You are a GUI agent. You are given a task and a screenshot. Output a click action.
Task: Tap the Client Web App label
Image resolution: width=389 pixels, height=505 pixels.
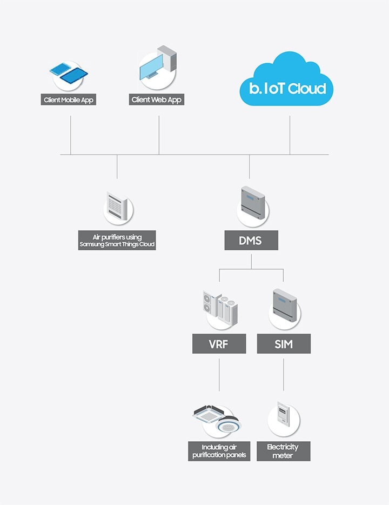coord(157,100)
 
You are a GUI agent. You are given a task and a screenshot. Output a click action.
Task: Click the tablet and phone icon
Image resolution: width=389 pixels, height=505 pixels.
coord(69,74)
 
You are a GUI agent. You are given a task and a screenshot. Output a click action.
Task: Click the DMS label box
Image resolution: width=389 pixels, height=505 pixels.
coord(251,240)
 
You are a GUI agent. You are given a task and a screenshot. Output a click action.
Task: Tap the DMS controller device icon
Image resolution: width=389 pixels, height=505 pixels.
coord(252,205)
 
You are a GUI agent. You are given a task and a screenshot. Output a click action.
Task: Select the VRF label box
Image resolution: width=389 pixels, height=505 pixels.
coord(219,343)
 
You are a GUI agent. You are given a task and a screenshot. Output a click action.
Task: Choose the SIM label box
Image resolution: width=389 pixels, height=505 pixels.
coord(284,343)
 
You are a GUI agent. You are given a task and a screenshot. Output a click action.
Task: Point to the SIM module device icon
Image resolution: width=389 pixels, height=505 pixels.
coord(284,305)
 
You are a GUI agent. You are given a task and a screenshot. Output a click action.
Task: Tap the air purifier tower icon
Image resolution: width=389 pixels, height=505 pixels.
coord(117,208)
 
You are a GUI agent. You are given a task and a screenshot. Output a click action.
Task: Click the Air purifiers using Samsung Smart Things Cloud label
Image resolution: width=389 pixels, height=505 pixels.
coord(117,241)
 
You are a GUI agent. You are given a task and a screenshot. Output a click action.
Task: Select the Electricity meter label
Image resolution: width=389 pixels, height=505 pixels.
coord(283,451)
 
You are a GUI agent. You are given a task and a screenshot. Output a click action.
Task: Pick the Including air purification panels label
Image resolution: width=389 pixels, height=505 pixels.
coord(219,451)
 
